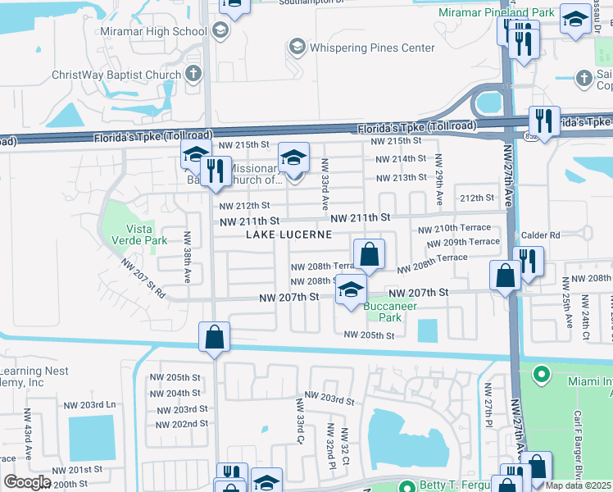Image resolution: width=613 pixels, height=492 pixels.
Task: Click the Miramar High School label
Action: pyautogui.click(x=152, y=31)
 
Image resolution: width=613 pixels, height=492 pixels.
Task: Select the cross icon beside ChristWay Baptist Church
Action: pyautogui.click(x=193, y=75)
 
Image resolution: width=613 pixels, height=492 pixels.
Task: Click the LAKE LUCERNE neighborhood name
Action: pyautogui.click(x=289, y=235)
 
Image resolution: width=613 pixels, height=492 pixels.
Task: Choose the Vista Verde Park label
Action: pyautogui.click(x=146, y=235)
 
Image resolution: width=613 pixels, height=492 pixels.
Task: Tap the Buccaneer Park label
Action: pyautogui.click(x=391, y=312)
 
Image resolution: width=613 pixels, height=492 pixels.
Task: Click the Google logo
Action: pyautogui.click(x=27, y=482)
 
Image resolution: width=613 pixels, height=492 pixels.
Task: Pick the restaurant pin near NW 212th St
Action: pyautogui.click(x=216, y=171)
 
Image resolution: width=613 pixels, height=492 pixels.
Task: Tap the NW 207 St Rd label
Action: pyautogui.click(x=143, y=279)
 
